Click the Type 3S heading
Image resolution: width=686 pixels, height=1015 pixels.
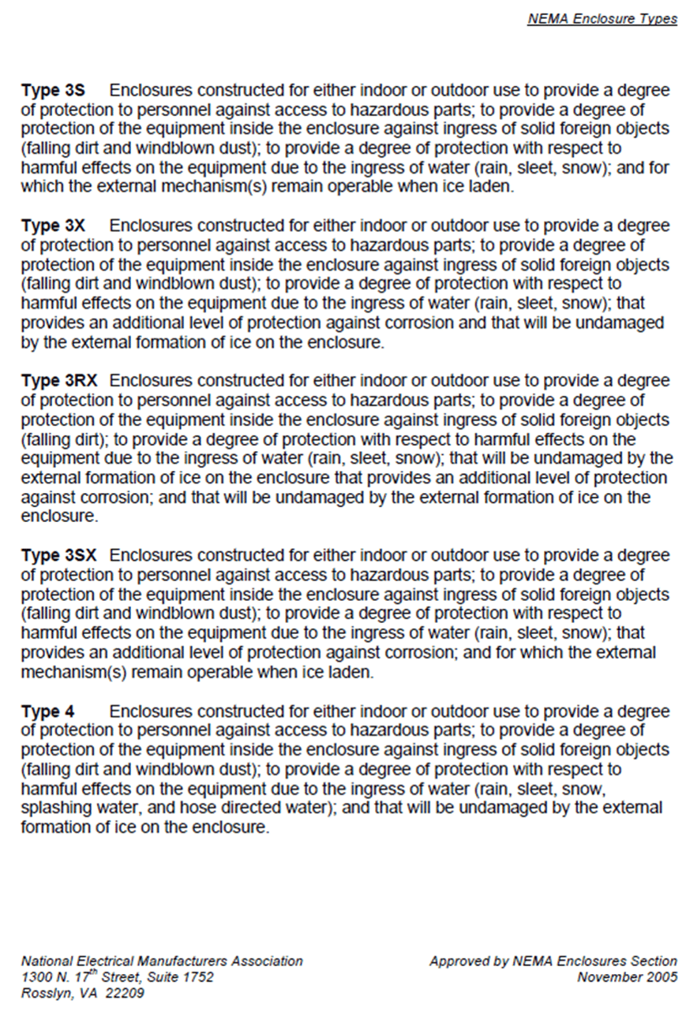click(x=53, y=91)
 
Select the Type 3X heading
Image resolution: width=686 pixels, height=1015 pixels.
click(x=53, y=226)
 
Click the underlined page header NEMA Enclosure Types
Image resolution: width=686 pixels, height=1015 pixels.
click(x=602, y=19)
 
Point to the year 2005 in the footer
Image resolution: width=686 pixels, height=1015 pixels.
click(x=662, y=978)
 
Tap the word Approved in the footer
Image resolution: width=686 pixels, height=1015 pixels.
click(x=459, y=961)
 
